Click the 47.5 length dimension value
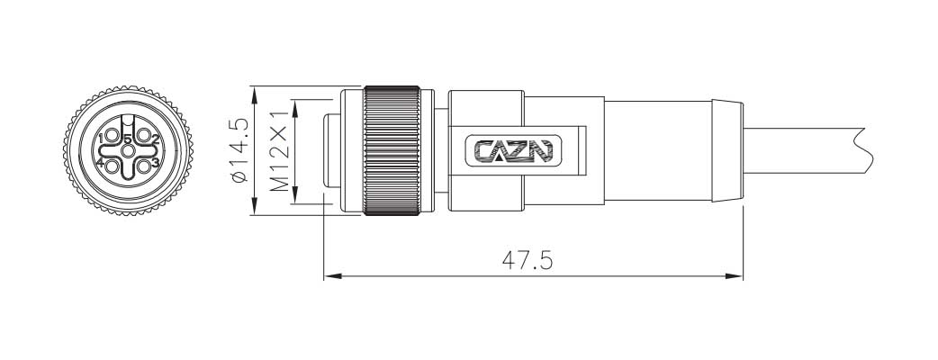527,260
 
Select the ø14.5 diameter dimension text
239,151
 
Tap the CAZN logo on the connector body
514,151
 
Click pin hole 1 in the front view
113,137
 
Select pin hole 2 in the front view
142,137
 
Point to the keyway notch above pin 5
127,121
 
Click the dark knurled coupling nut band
391,151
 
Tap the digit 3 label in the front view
155,163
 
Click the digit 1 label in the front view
101,137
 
